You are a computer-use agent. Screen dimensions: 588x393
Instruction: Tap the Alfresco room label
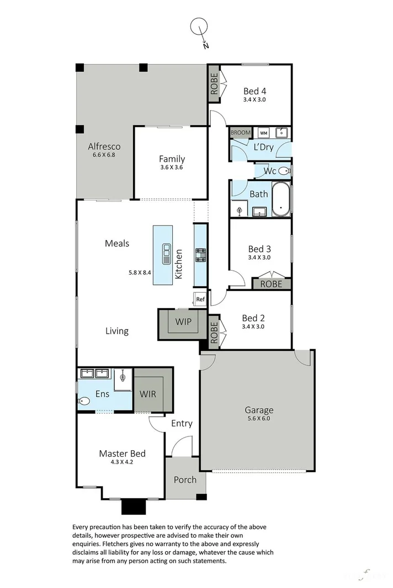point(104,147)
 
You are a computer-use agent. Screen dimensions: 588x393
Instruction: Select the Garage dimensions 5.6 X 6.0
point(259,419)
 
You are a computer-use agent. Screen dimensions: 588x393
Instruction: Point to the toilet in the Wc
point(284,171)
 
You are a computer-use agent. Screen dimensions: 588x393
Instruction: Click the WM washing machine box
point(263,133)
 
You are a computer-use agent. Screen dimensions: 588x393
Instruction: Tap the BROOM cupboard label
point(240,133)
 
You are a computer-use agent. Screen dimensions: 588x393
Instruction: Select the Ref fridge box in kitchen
point(200,299)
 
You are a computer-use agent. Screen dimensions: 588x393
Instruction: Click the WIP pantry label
point(183,321)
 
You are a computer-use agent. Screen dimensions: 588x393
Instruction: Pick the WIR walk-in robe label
point(148,394)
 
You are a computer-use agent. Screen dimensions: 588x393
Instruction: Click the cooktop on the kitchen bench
point(200,255)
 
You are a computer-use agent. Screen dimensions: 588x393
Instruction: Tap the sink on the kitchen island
point(165,254)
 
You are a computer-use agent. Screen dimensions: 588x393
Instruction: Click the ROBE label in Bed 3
point(271,284)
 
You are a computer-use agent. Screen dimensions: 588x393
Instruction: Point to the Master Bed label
point(122,454)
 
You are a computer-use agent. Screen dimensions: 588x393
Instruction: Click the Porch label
point(185,479)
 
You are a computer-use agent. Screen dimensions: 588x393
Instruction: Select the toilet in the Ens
point(84,401)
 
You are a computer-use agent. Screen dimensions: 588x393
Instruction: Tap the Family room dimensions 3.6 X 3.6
point(172,168)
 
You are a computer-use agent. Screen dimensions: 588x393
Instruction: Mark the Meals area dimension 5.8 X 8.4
point(140,272)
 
